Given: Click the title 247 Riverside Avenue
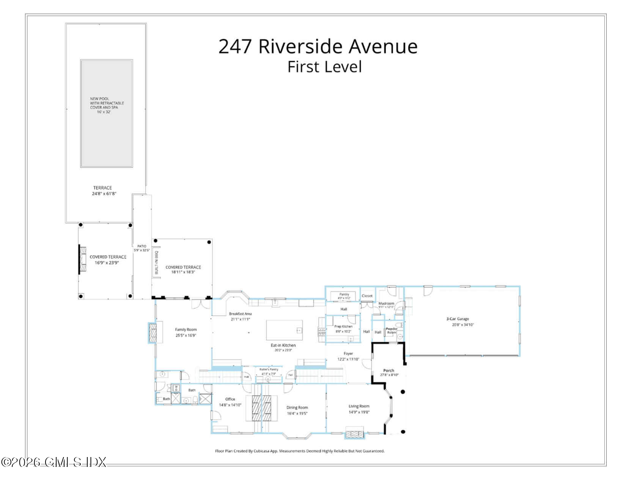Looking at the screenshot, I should point(318,46).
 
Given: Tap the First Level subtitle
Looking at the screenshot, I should point(324,67).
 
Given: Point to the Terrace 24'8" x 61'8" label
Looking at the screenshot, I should point(103,191).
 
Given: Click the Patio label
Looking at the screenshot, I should point(142,248).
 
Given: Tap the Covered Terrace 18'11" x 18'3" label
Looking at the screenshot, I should point(183,270).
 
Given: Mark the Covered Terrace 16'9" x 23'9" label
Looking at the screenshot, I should point(108,260).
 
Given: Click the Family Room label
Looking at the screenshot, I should point(186,333).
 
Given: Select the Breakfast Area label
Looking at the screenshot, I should point(240,316).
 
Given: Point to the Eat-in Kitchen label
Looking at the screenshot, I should point(283,347).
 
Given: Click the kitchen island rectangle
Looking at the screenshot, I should point(285,330).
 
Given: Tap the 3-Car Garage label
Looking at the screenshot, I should point(458,322).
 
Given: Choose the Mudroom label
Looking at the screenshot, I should point(386,305).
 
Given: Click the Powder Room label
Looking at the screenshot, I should point(392,331).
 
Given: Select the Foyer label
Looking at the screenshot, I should point(348,356).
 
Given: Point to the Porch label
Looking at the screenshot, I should point(389,372).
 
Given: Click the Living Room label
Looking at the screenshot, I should point(359,409).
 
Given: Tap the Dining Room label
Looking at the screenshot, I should point(297,410).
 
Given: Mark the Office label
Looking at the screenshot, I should point(230,402).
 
